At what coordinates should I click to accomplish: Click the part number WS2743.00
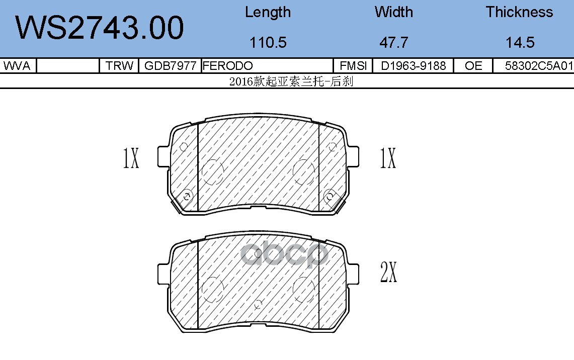(99, 28)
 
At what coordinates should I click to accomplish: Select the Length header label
(268, 12)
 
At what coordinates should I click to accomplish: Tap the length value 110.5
(268, 42)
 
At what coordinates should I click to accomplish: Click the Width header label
(393, 12)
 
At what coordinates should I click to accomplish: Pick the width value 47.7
(393, 42)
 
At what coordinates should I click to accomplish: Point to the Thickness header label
(520, 12)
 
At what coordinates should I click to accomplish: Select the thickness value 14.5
(520, 42)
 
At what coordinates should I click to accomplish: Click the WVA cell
(17, 66)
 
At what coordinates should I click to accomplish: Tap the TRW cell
(119, 66)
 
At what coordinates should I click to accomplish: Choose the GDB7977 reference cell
(170, 66)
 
